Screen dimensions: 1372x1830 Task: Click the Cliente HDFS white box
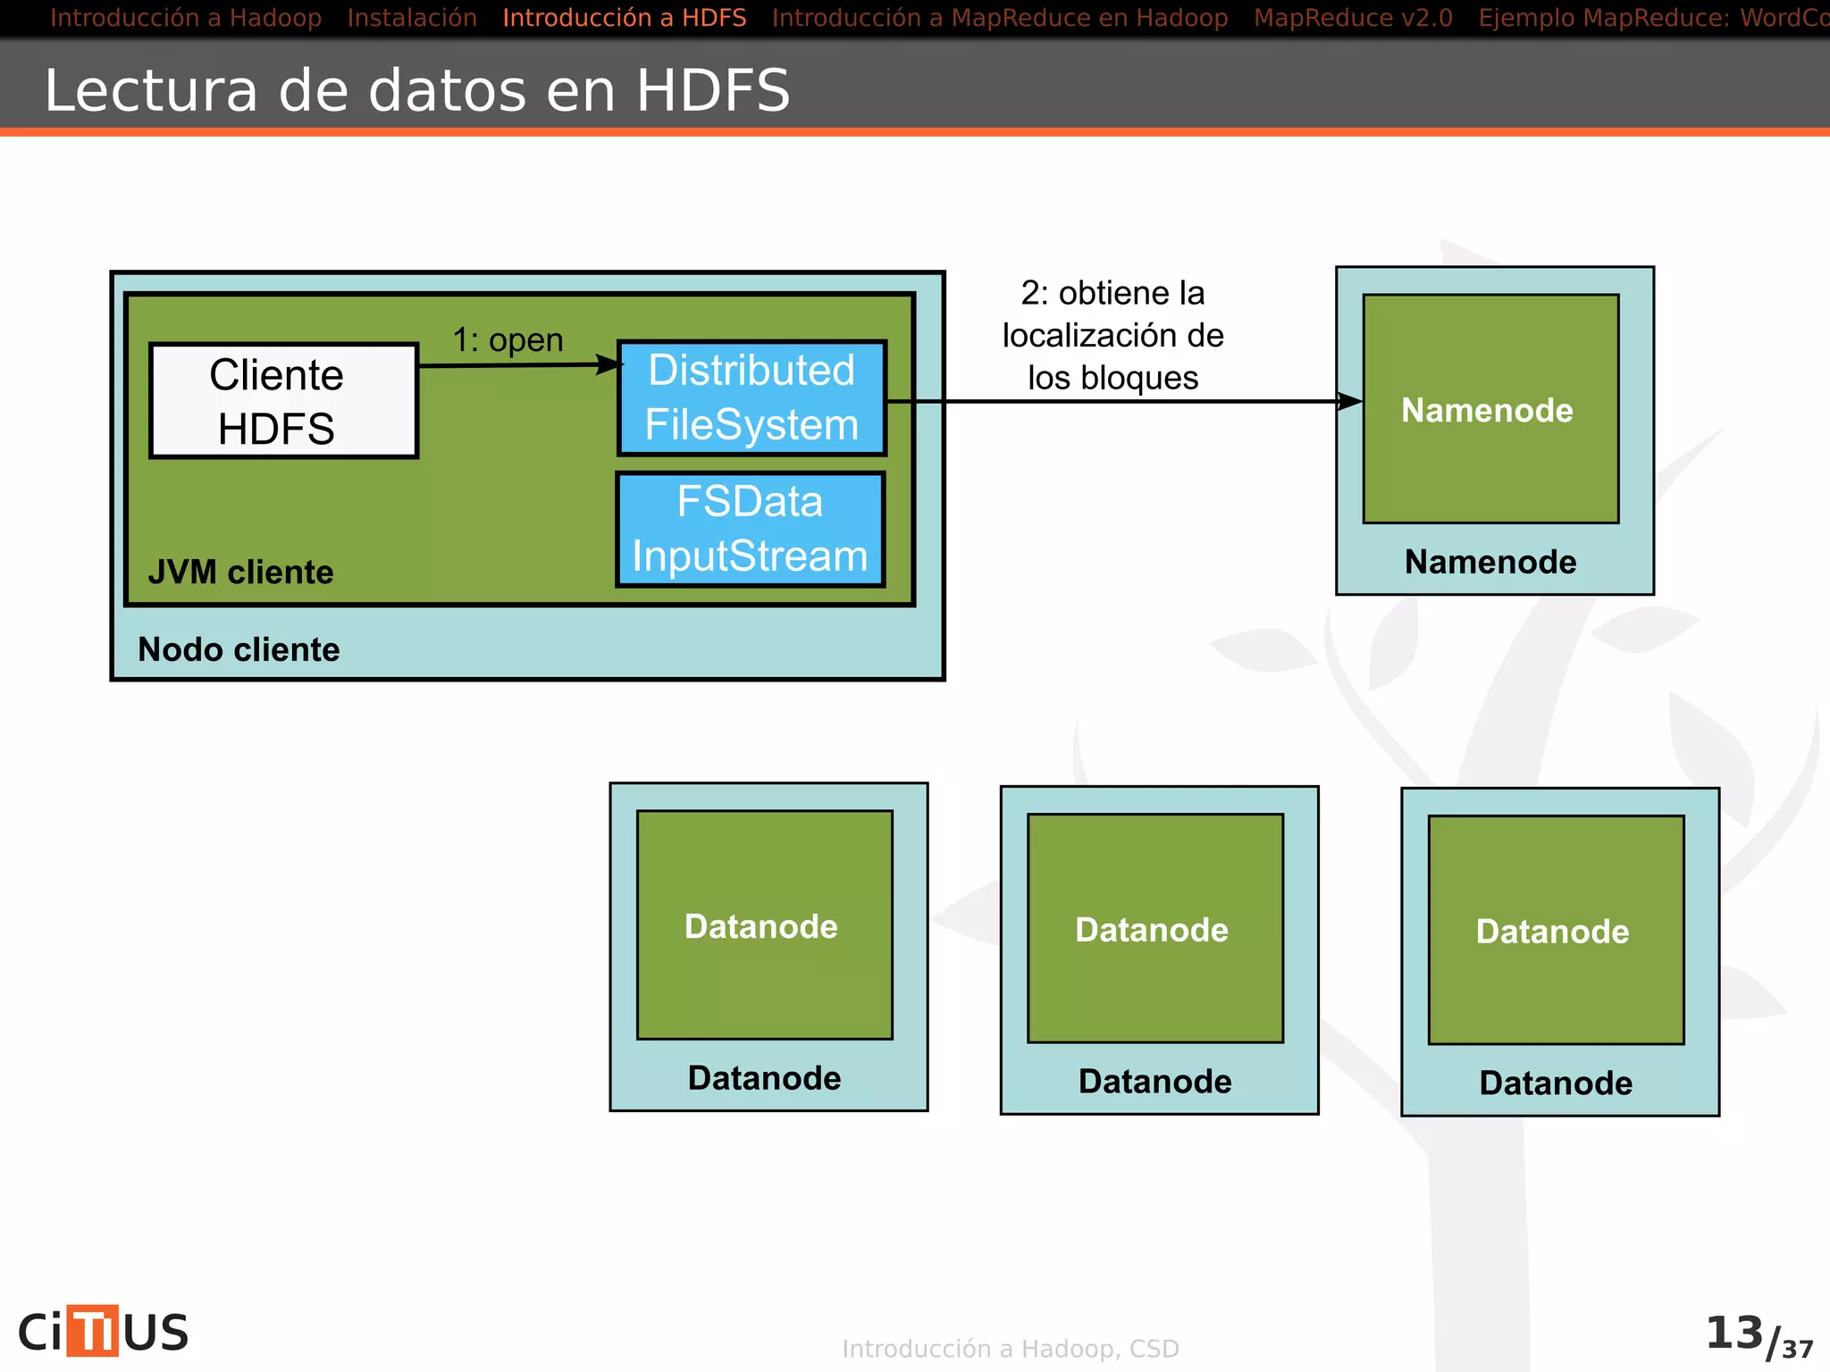283,401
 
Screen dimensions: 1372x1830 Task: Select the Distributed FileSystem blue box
751,397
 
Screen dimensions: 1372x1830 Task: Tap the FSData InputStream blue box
750,529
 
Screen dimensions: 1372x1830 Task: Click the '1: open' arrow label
508,340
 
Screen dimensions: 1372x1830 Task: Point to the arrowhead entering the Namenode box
1350,402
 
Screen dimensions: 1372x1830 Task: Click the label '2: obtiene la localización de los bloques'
1112,335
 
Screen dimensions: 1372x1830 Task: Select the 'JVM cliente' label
240,572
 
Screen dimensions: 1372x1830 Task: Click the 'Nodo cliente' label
239,649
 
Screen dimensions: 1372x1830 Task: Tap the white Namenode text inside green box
1487,410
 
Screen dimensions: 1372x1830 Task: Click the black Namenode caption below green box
1490,562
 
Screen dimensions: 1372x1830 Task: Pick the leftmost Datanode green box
764,924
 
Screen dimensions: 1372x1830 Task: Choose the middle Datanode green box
1154,928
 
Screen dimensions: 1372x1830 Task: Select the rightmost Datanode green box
1556,930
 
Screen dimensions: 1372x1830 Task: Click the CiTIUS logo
104,1332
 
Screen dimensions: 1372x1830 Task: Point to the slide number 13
1734,1333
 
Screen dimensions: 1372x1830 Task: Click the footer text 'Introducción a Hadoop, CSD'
1010,1349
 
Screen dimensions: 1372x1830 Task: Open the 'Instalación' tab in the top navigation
412,18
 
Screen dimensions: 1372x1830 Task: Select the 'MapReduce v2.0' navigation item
1353,18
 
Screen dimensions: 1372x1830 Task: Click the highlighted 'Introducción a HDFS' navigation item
624,18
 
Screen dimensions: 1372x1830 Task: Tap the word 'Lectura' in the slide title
151,90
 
